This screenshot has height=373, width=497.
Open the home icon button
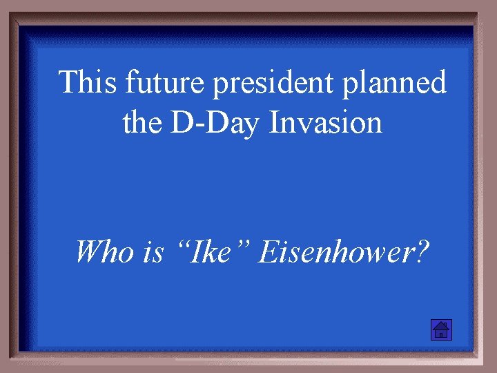(440, 330)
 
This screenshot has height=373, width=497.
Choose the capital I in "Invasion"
(275, 124)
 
